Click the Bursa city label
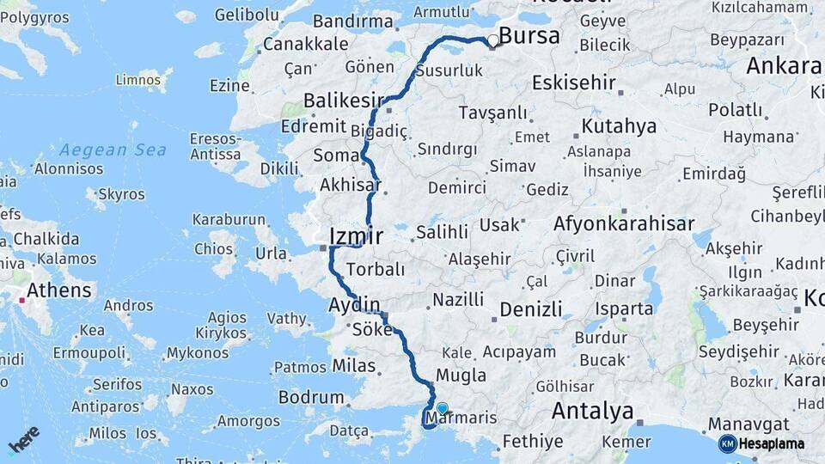click(529, 36)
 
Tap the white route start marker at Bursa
click(493, 40)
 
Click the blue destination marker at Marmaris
click(442, 409)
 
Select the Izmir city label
click(356, 235)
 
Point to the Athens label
click(58, 290)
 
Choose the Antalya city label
click(592, 411)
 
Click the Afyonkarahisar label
click(624, 223)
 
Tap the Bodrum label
click(311, 398)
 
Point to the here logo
click(24, 438)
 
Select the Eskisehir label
click(574, 82)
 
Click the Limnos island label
click(138, 80)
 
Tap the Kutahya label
click(619, 126)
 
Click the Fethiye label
click(534, 442)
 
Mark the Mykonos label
click(198, 353)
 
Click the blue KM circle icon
click(727, 443)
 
